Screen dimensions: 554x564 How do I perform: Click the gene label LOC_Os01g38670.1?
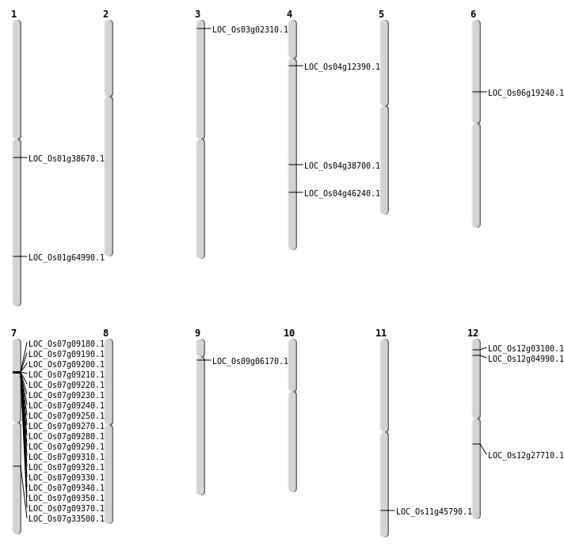pos(67,159)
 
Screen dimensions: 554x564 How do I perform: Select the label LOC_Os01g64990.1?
pos(67,258)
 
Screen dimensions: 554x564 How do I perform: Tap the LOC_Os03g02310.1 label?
pos(250,30)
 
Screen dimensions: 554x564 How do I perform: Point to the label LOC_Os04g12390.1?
pos(342,67)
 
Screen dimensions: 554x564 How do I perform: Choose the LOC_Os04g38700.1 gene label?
pos(342,166)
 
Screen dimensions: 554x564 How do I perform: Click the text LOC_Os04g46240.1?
pos(342,194)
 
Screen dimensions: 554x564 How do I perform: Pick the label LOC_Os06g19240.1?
pos(526,93)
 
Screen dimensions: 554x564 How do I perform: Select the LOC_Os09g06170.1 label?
pos(250,362)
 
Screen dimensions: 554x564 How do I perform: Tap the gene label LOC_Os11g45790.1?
pos(434,512)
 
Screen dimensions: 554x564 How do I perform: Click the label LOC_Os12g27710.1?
pos(526,456)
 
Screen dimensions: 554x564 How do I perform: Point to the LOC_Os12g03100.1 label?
pos(526,349)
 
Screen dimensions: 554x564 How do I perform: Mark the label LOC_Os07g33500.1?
pos(67,519)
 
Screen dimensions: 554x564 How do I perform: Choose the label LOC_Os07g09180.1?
pos(67,344)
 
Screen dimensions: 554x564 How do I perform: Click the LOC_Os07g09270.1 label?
pos(67,427)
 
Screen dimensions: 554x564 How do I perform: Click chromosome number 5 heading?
pos(381,14)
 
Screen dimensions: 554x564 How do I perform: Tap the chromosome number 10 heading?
pos(289,333)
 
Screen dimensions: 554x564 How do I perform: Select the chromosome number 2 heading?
pos(105,14)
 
